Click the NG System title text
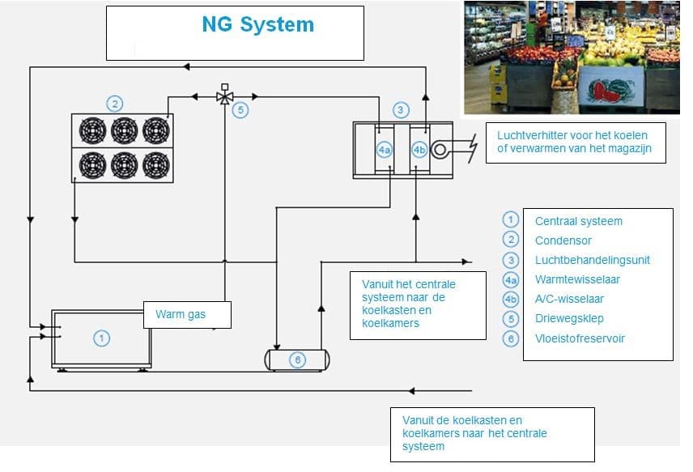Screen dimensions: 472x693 click(x=257, y=24)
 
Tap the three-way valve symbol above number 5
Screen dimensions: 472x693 click(x=225, y=96)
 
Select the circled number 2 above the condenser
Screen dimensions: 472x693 click(x=115, y=104)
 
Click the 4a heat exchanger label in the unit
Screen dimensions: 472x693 click(x=384, y=150)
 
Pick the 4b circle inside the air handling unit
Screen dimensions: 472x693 click(x=419, y=150)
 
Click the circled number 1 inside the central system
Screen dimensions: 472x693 click(x=101, y=338)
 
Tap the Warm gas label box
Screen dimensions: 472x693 click(x=187, y=315)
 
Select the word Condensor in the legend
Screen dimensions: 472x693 click(x=563, y=240)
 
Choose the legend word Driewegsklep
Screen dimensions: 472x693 click(x=569, y=319)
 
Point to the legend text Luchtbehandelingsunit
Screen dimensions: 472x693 click(x=592, y=260)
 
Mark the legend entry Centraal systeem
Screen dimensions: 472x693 click(x=578, y=221)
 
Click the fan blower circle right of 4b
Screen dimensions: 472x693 click(x=441, y=151)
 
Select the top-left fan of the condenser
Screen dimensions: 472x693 click(x=93, y=130)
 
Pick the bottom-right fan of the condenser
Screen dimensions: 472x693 click(x=155, y=165)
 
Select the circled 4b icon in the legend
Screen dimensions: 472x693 click(x=510, y=300)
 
